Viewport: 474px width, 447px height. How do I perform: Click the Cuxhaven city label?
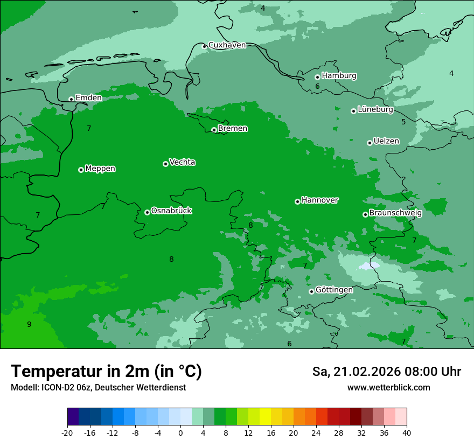click(227, 45)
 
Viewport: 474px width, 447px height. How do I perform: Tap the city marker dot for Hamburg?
click(317, 77)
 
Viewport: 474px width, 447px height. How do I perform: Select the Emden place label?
click(88, 98)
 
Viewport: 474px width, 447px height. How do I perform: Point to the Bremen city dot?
click(214, 130)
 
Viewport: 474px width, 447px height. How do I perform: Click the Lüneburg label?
click(375, 110)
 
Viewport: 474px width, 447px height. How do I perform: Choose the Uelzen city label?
click(386, 142)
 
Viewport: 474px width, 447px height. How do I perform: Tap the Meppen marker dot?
click(81, 170)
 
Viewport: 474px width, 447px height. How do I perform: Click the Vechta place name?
click(182, 163)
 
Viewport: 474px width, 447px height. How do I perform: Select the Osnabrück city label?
click(171, 211)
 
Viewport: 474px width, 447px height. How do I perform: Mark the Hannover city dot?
click(297, 201)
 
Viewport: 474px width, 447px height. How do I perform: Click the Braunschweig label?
click(395, 213)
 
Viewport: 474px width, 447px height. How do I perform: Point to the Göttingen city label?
click(334, 290)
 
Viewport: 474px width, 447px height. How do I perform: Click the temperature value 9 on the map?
click(29, 324)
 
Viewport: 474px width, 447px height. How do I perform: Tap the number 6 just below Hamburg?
click(317, 87)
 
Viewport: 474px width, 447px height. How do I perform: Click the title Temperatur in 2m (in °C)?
click(106, 372)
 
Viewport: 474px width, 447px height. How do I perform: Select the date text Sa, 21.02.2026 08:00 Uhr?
click(386, 372)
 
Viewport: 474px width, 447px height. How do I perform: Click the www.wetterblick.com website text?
click(388, 388)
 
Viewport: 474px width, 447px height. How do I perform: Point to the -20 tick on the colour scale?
click(67, 432)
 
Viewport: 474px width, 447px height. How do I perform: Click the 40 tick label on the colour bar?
click(406, 432)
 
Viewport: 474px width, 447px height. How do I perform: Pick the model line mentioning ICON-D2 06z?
click(98, 388)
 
